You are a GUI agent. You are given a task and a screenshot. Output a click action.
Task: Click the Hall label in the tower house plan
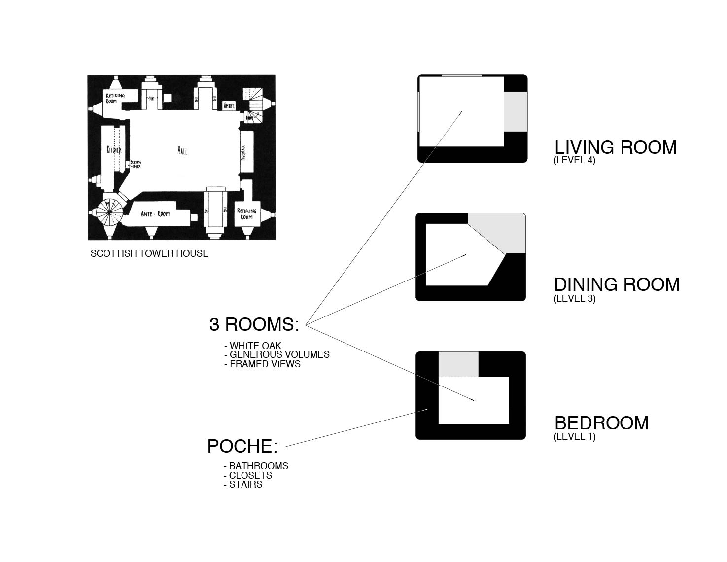(x=182, y=151)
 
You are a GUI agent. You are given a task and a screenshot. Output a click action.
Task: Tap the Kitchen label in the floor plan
(x=114, y=149)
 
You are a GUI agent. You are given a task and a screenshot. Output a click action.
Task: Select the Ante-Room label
(x=155, y=214)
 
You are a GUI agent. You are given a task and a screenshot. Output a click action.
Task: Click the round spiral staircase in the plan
(x=109, y=212)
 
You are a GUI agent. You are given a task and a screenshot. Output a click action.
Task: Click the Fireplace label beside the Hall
(x=243, y=152)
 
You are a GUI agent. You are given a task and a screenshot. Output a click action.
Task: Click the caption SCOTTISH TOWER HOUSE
(x=149, y=254)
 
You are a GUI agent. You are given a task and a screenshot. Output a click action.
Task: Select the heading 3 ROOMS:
(x=254, y=325)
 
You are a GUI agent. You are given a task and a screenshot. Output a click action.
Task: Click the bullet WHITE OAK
(x=255, y=346)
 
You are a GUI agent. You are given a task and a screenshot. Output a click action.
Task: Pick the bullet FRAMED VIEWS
(x=265, y=364)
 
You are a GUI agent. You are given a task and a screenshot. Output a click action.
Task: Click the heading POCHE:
(x=242, y=446)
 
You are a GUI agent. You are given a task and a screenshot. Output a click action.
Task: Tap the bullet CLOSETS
(x=250, y=475)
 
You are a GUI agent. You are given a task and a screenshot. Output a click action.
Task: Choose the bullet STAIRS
(x=245, y=485)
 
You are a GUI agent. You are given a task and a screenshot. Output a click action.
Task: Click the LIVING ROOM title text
(x=615, y=147)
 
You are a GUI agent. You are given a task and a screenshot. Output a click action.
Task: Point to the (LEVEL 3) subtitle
(x=574, y=298)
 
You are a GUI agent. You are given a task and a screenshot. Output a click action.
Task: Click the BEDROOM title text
(x=601, y=423)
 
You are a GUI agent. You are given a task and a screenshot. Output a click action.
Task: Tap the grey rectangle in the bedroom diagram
(x=458, y=364)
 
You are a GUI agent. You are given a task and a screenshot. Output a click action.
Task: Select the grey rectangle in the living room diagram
(x=516, y=111)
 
